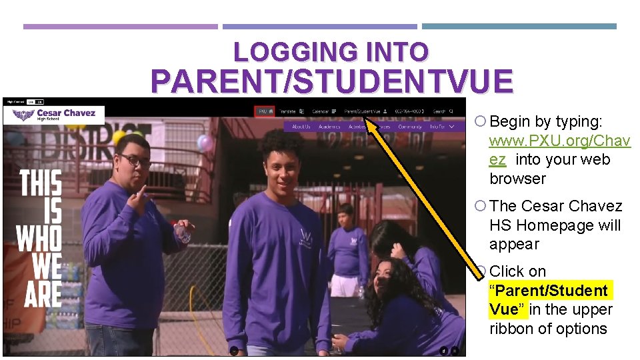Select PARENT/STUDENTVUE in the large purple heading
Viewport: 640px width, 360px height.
point(332,81)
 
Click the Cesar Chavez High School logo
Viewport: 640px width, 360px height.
point(53,115)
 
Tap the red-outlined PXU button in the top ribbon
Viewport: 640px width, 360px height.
point(265,111)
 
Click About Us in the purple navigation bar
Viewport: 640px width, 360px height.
point(301,126)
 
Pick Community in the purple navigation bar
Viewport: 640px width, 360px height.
point(409,126)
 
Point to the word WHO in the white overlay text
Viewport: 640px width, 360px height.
point(39,239)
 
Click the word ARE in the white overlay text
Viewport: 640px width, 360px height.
point(43,293)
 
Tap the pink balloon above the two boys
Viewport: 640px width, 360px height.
point(205,143)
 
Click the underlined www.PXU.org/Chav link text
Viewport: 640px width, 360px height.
point(559,141)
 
